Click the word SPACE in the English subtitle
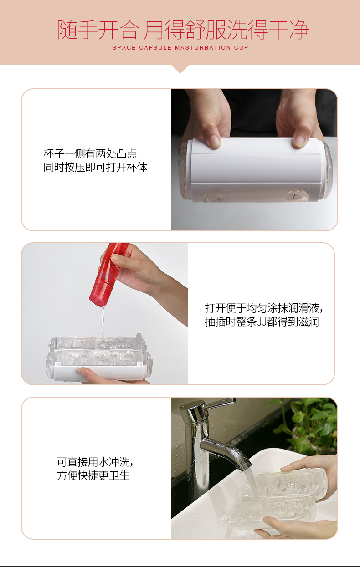click(124, 47)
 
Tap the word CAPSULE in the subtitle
click(155, 47)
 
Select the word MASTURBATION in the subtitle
click(203, 47)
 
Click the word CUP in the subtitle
click(241, 47)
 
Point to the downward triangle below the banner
click(180, 69)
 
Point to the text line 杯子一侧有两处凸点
click(90, 153)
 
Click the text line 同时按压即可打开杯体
click(95, 167)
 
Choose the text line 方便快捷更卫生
click(93, 475)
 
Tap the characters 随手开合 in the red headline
click(98, 30)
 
